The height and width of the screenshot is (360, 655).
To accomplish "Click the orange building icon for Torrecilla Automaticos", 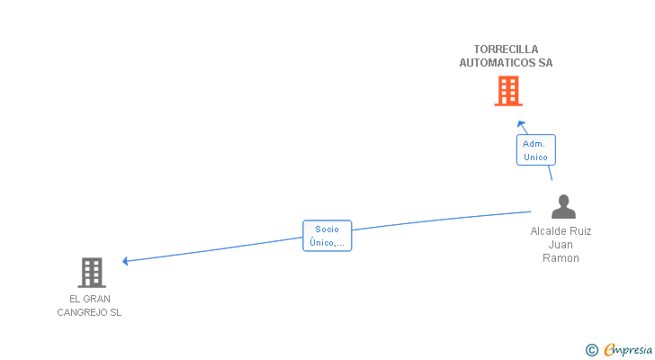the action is click(507, 90).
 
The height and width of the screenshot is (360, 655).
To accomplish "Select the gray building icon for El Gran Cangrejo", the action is click(91, 272).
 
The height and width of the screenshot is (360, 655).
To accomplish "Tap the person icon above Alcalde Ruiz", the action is click(562, 207).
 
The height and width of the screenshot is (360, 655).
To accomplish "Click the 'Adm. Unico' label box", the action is click(535, 150).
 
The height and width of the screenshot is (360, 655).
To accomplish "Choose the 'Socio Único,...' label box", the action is click(327, 236).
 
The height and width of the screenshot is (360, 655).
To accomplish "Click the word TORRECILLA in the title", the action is click(506, 49).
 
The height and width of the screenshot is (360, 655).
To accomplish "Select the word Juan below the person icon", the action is click(561, 245).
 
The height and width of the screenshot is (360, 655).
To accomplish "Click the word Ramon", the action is click(561, 258).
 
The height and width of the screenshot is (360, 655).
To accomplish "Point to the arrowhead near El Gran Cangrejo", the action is click(126, 261).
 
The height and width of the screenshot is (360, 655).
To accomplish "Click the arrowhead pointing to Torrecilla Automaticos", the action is click(520, 123).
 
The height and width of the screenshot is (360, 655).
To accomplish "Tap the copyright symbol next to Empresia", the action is click(591, 350).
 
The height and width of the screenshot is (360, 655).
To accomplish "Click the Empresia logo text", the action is click(628, 350).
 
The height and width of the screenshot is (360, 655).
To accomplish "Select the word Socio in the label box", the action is click(327, 229).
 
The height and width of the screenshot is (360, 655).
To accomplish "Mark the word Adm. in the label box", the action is click(535, 144).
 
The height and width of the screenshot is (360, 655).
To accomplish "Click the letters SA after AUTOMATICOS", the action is click(545, 63).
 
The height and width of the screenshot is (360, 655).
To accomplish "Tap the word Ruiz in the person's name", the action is click(579, 231).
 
